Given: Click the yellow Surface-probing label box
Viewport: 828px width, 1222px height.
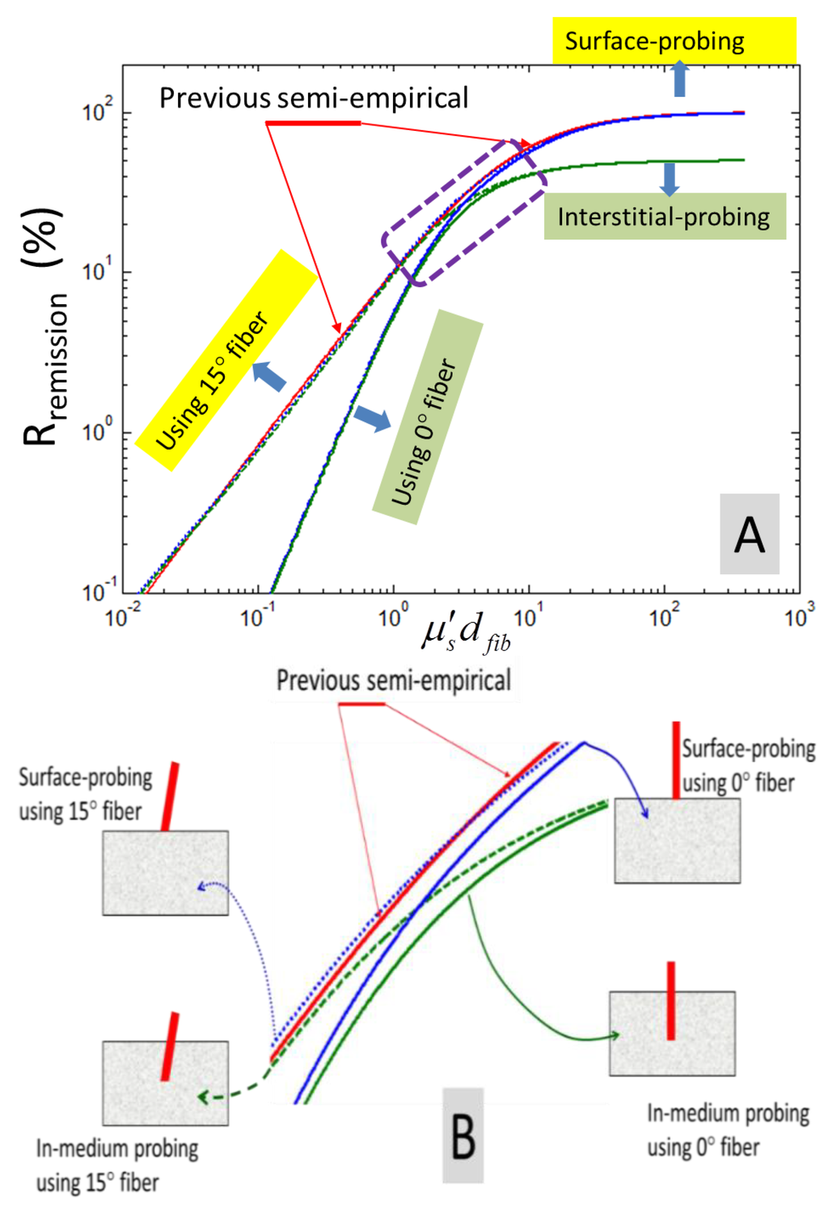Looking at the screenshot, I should tap(674, 40).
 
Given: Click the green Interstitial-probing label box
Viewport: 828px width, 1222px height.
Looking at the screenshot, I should tap(664, 217).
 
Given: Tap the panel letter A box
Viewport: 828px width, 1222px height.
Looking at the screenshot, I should tap(750, 535).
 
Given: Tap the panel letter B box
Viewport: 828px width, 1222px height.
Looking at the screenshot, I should tap(463, 1135).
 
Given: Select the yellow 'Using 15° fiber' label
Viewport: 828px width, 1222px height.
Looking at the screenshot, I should tap(226, 360).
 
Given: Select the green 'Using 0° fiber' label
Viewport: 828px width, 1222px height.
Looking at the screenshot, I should tap(427, 417).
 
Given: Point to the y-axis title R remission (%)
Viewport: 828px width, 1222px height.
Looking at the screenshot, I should tap(44, 328).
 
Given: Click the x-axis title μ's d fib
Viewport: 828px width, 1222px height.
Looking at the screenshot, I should tap(467, 632).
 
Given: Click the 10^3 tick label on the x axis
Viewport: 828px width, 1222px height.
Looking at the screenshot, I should tap(799, 617).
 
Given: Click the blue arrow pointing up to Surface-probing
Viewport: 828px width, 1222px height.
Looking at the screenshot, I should tap(679, 79).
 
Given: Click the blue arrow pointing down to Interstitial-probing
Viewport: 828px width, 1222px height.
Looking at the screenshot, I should tap(669, 179).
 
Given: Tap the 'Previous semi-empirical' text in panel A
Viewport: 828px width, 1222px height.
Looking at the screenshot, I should tap(313, 98).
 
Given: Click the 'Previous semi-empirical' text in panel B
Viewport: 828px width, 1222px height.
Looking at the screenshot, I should tap(394, 680).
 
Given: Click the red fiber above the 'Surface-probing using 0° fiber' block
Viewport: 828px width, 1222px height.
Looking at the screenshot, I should tap(676, 759).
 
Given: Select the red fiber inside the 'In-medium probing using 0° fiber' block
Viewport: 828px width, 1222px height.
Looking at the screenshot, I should tap(670, 1000).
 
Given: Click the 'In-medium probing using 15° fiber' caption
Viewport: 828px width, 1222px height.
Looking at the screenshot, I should tap(116, 1165).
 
